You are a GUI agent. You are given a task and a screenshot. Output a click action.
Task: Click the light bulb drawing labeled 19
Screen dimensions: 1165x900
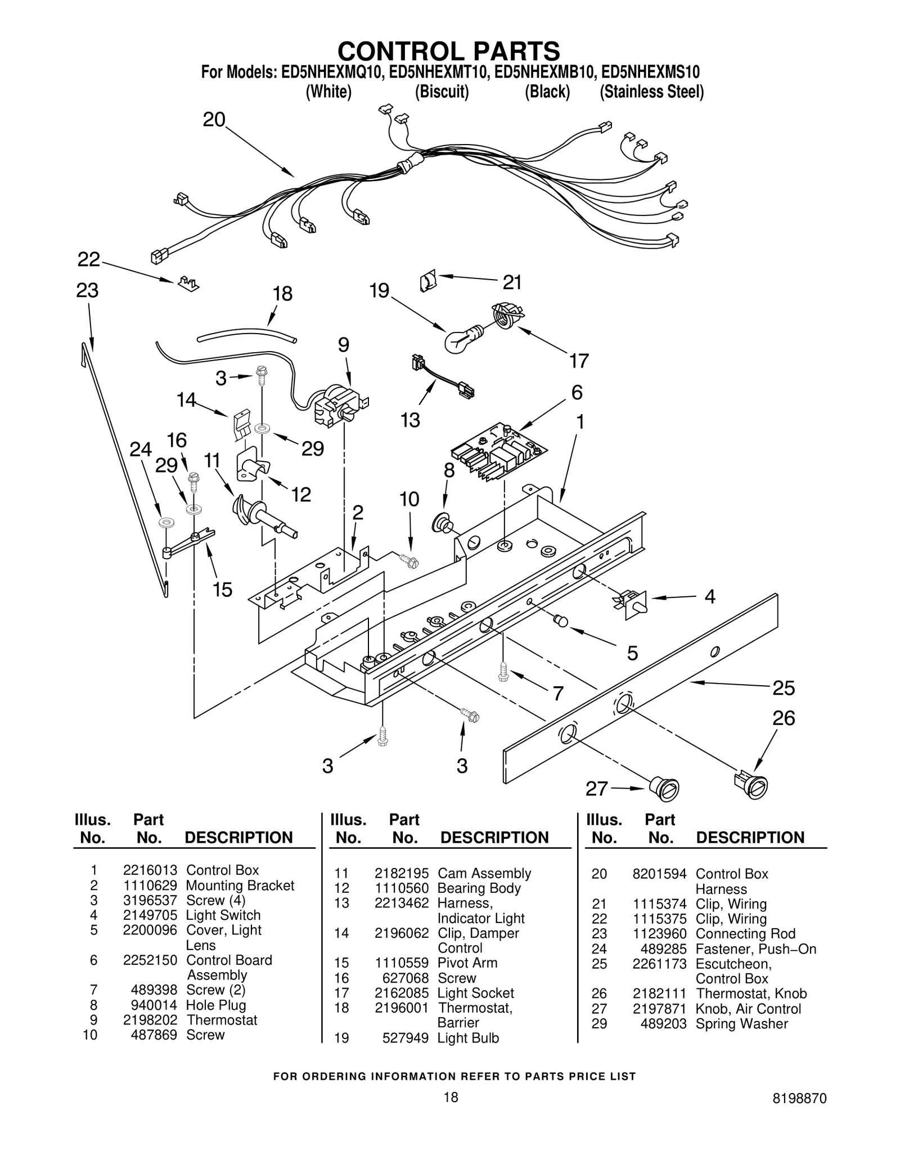click(461, 339)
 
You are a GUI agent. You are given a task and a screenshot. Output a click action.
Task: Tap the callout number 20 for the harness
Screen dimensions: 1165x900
click(214, 120)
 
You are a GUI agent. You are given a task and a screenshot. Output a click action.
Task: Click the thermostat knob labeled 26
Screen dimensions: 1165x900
click(751, 784)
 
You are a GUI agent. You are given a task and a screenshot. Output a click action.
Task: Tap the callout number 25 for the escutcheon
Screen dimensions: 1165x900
click(783, 688)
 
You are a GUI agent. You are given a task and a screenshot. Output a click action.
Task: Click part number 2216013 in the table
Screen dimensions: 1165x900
click(150, 870)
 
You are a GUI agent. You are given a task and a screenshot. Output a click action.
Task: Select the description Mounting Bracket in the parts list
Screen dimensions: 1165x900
click(240, 885)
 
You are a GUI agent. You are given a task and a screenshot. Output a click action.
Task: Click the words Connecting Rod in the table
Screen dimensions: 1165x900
click(745, 934)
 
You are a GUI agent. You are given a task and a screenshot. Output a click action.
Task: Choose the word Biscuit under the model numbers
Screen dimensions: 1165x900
click(442, 92)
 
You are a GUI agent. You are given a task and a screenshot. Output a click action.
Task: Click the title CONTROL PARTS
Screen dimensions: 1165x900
click(448, 51)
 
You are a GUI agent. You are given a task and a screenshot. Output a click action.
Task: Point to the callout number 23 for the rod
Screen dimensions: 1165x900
click(88, 291)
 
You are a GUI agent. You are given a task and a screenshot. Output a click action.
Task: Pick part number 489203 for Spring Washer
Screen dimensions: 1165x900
click(663, 1024)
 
